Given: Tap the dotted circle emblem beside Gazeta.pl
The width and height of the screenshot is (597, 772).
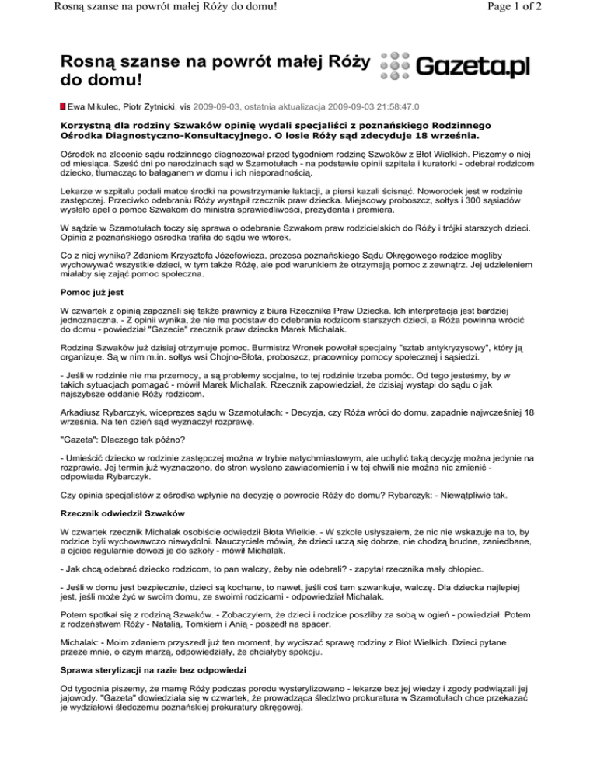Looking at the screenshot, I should (396, 66).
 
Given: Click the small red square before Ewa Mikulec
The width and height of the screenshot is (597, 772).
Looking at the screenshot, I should (63, 105).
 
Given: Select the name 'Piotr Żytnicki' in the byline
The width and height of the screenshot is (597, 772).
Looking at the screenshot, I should (157, 105).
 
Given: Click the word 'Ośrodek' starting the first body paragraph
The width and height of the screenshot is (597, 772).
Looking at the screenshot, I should (80, 156).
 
